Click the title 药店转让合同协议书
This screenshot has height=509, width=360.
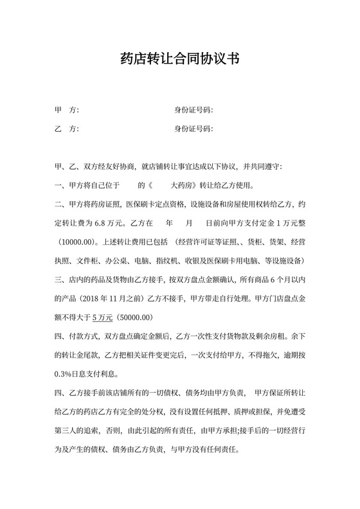click(180, 59)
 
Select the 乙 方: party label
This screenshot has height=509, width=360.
click(67, 129)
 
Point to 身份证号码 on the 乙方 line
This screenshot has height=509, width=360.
click(194, 129)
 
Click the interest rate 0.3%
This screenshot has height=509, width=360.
click(65, 373)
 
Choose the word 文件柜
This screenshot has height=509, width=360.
click(87, 262)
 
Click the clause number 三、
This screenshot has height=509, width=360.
click(61, 281)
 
